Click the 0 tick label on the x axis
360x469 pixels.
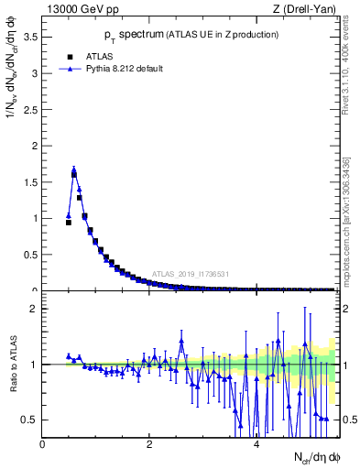43,444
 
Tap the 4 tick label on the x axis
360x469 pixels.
256,444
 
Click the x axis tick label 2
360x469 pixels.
149,444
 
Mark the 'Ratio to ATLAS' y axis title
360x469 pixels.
13,365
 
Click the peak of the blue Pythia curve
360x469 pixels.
73,169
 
